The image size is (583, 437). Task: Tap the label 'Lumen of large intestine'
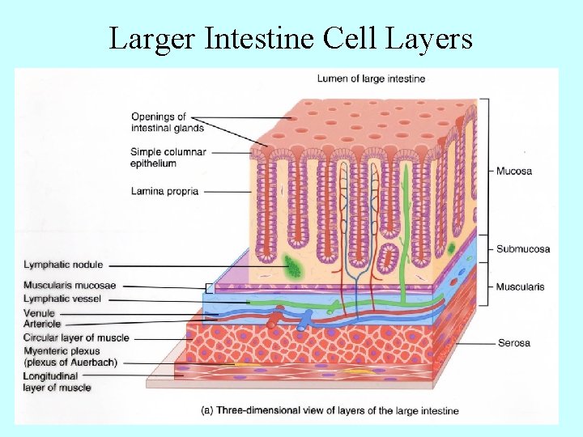(x=371, y=78)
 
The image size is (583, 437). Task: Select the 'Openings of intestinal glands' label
(x=168, y=122)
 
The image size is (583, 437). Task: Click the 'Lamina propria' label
(x=164, y=192)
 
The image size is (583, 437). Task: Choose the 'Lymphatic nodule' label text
(x=63, y=265)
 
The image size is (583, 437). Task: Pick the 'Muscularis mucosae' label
(x=70, y=285)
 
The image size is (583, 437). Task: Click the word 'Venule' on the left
(x=40, y=313)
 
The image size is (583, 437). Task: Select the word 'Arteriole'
(x=43, y=324)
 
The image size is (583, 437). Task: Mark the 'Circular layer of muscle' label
(x=76, y=337)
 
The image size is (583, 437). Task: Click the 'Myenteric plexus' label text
(x=70, y=356)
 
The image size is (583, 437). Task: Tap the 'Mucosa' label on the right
(x=513, y=172)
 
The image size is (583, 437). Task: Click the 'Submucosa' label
(x=522, y=248)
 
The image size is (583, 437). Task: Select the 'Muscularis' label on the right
(x=520, y=286)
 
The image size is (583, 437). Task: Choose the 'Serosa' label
(x=514, y=343)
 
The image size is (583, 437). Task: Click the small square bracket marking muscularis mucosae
(x=210, y=286)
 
